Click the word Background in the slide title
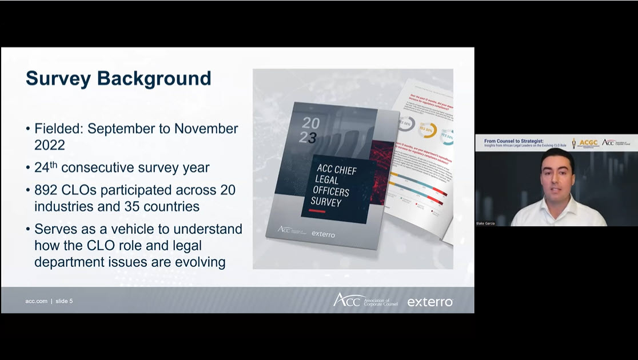pyautogui.click(x=155, y=78)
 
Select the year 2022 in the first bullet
pyautogui.click(x=50, y=145)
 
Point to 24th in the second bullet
pyautogui.click(x=46, y=168)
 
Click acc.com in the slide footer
pyautogui.click(x=36, y=301)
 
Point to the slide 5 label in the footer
pyautogui.click(x=64, y=301)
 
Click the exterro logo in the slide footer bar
pyautogui.click(x=430, y=302)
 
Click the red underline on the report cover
pyautogui.click(x=317, y=211)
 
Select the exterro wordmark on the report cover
pyautogui.click(x=323, y=234)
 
